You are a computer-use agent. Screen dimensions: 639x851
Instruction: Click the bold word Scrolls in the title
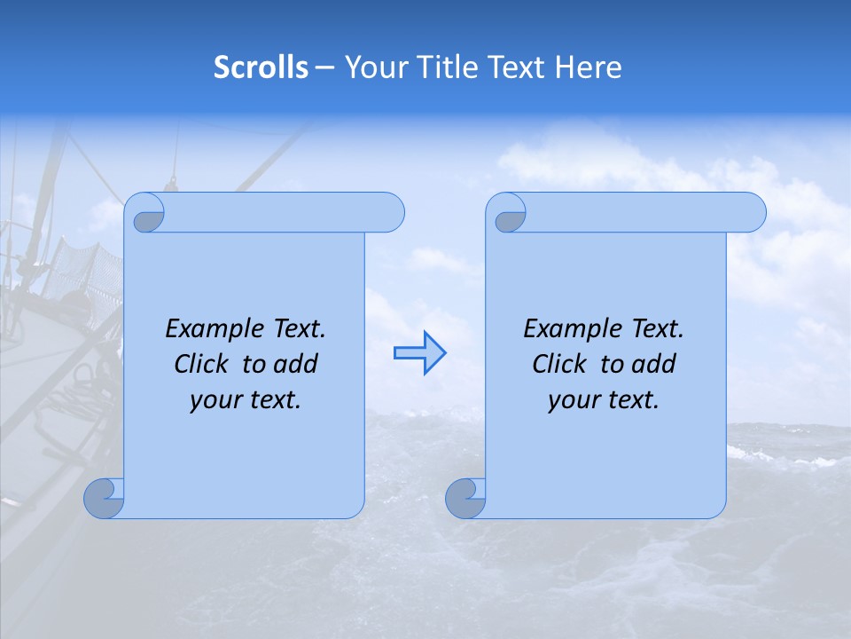pyautogui.click(x=261, y=67)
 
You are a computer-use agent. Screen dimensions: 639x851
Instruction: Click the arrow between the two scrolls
pyautogui.click(x=419, y=352)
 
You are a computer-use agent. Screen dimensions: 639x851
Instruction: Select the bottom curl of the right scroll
pyautogui.click(x=465, y=498)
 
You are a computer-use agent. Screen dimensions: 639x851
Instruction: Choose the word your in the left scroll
pyautogui.click(x=214, y=401)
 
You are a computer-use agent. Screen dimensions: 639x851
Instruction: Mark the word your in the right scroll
pyautogui.click(x=572, y=401)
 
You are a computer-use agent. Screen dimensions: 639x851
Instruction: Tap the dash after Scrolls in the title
pyautogui.click(x=324, y=67)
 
